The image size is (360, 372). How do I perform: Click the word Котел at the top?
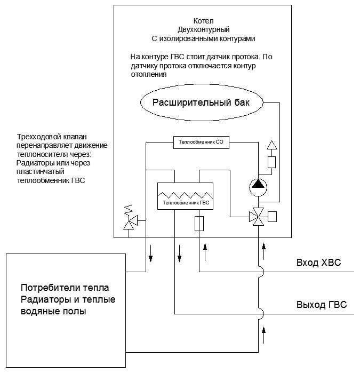click(x=202, y=19)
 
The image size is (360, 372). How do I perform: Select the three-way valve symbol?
click(x=258, y=217)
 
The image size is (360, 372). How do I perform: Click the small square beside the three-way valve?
click(x=272, y=217)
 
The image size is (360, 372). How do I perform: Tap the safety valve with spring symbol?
click(x=129, y=218)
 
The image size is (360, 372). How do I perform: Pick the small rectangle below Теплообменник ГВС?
click(x=199, y=223)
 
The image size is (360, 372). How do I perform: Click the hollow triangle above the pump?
click(x=271, y=145)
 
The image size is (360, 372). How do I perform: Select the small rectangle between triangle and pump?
click(x=271, y=162)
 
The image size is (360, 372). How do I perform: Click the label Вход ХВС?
click(x=318, y=263)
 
